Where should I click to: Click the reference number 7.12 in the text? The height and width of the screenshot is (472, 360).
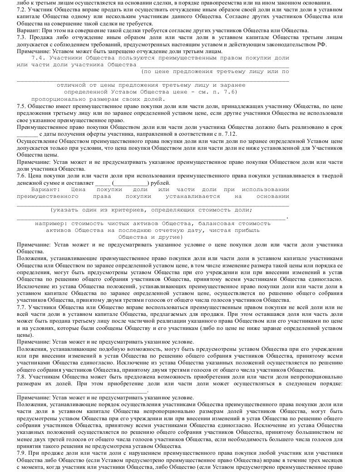coord(229,135)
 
